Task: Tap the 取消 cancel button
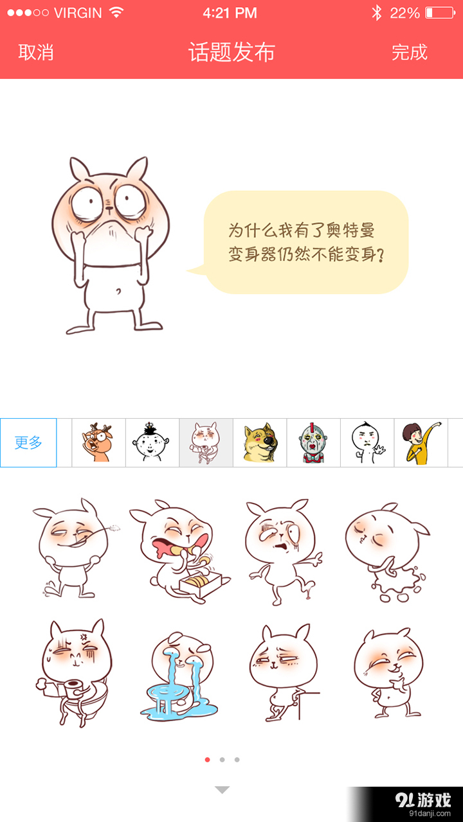point(36,53)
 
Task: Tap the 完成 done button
point(410,53)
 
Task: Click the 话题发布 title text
point(232,53)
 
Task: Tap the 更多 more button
point(28,442)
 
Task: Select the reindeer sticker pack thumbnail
point(98,442)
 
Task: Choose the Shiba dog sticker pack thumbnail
point(260,442)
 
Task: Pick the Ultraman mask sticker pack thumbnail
point(313,442)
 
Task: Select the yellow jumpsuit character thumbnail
point(421,442)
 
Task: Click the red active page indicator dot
point(207,760)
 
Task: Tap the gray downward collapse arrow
point(222,790)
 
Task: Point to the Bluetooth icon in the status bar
point(377,13)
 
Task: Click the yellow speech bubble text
point(306,243)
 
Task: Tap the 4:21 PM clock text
point(230,13)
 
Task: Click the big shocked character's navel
point(118,292)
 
